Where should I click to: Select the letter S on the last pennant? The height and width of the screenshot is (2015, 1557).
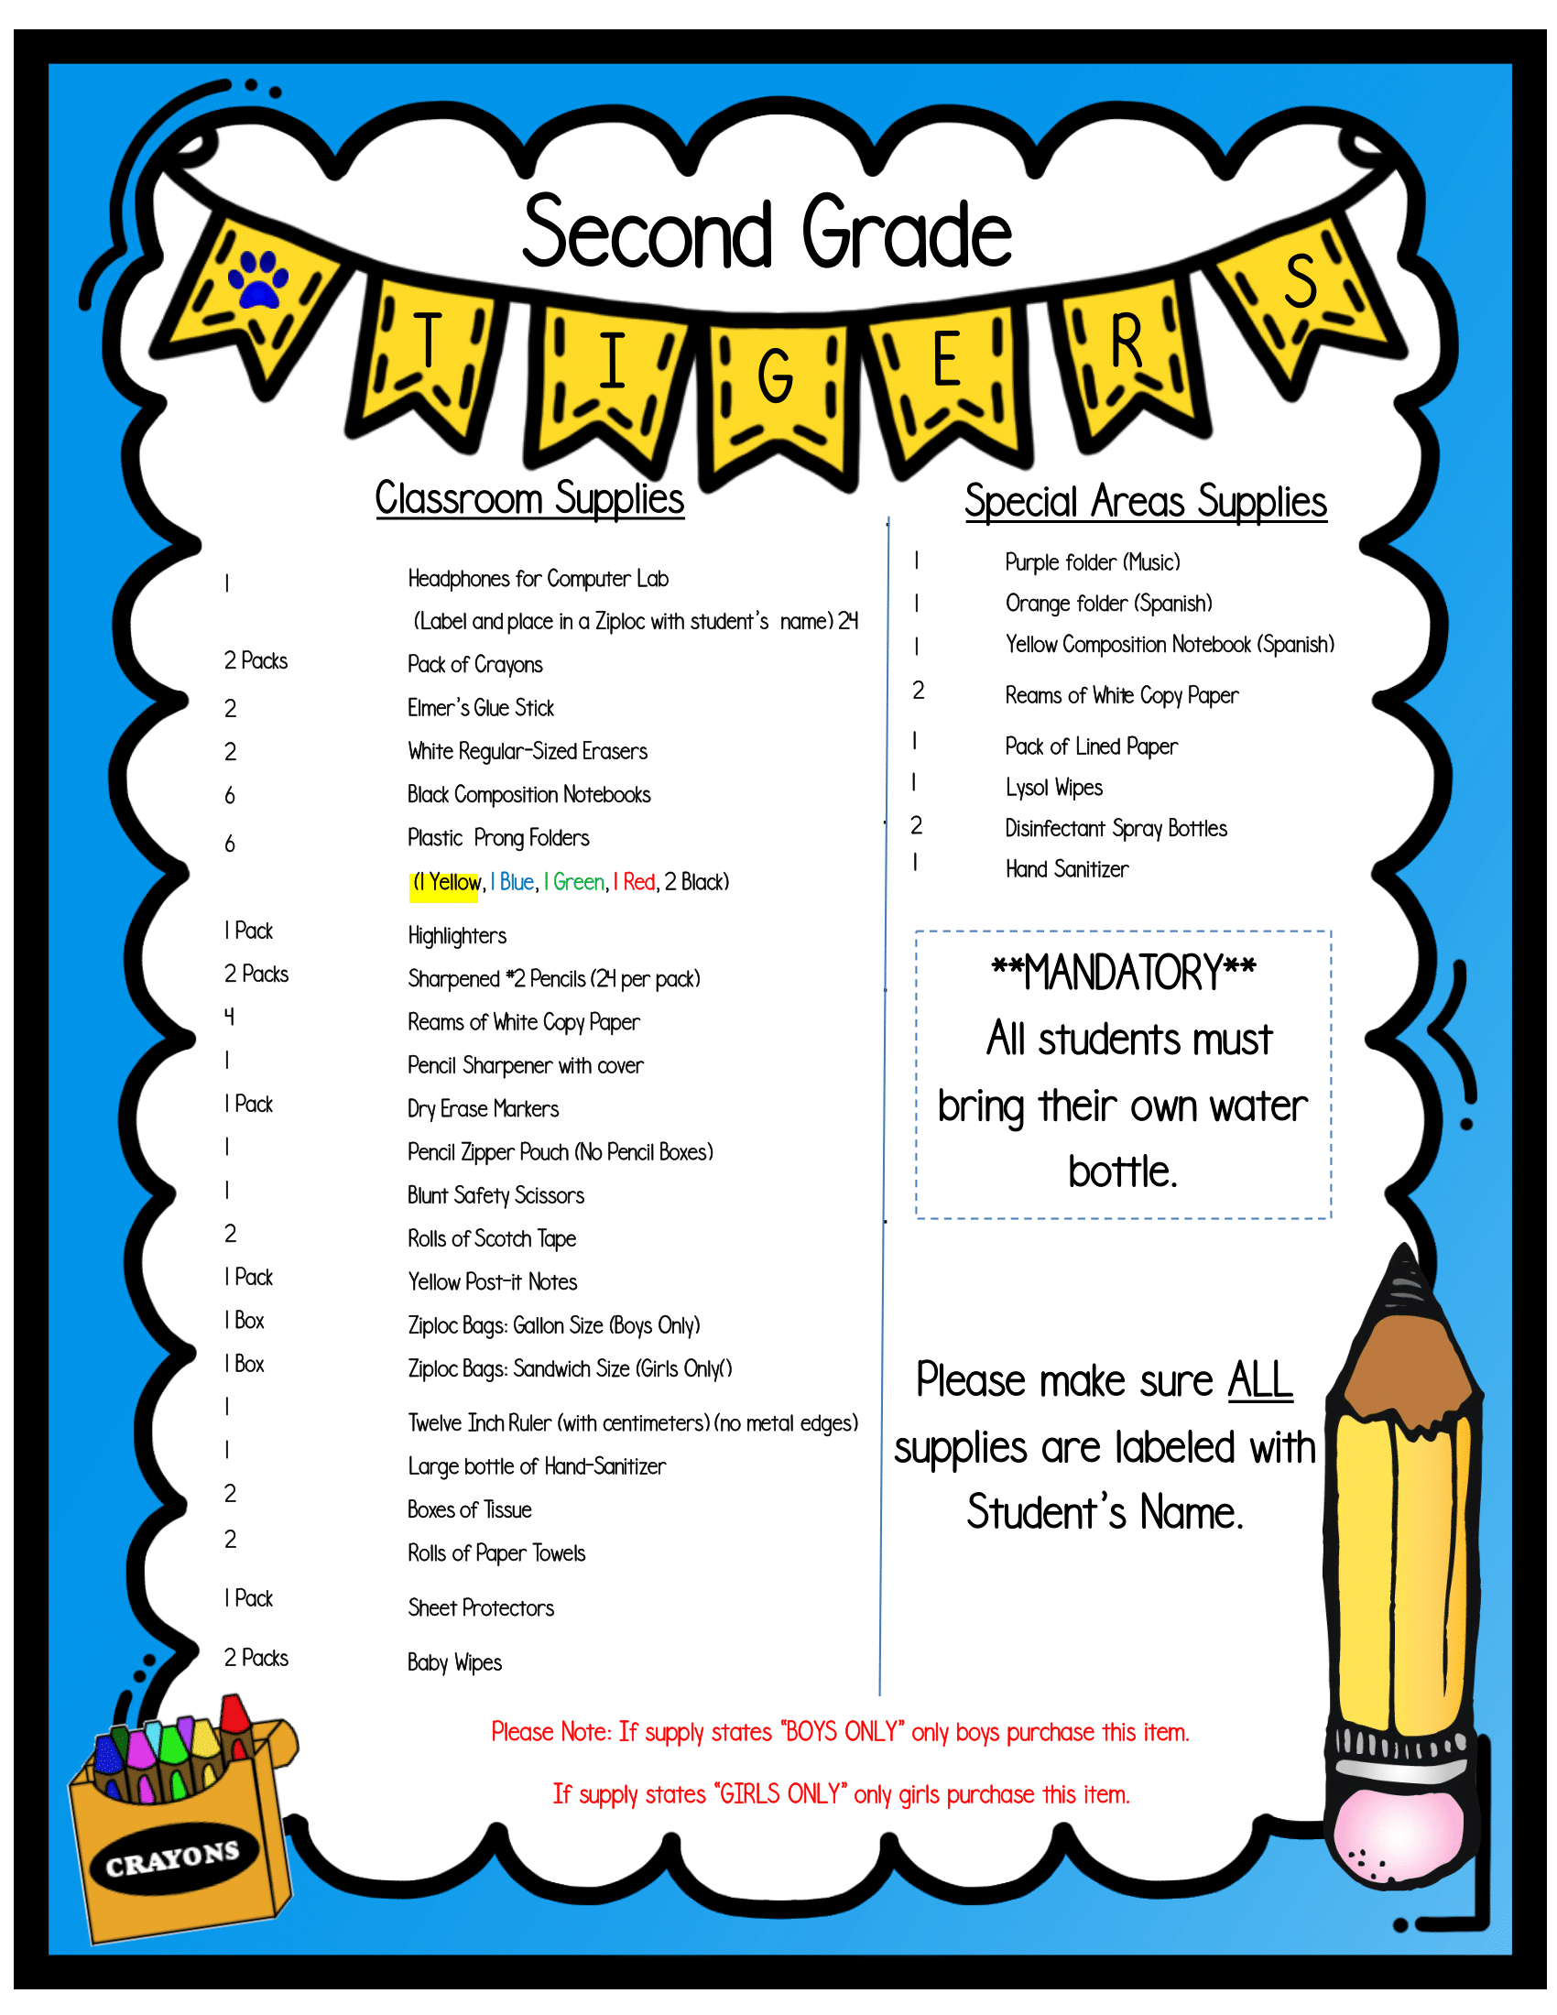[x=1301, y=280]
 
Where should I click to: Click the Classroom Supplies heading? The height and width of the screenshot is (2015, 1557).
[x=529, y=499]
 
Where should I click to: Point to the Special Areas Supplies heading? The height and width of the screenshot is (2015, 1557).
[x=1146, y=502]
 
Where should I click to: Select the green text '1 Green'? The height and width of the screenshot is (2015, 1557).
[x=574, y=883]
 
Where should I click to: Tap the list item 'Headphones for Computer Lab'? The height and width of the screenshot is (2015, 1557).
[x=538, y=580]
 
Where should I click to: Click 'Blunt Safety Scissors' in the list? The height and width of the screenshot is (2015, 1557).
[x=495, y=1195]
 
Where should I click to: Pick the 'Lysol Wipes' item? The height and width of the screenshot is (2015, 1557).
[x=1053, y=788]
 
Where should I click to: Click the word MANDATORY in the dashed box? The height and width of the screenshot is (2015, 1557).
[x=1123, y=974]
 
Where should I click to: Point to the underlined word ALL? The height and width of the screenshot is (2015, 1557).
[x=1259, y=1381]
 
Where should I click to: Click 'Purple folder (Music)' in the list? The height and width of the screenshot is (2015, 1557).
[x=1092, y=562]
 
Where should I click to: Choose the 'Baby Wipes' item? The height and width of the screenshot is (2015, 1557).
[x=455, y=1662]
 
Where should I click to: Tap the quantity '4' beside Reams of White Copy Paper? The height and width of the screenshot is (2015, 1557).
[x=230, y=1017]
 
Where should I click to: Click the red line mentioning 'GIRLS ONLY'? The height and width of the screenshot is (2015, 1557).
[x=840, y=1794]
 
